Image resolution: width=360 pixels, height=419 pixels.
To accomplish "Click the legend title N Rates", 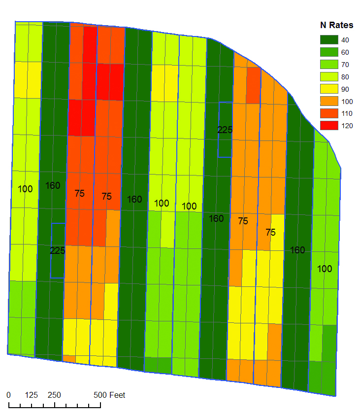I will click(336, 26).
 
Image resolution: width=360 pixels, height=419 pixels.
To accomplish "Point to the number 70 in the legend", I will click(345, 64).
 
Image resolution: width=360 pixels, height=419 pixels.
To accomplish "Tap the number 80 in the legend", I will click(345, 76).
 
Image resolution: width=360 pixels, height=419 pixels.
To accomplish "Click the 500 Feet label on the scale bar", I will click(110, 395).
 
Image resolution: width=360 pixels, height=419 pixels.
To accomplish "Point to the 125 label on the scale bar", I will click(32, 395).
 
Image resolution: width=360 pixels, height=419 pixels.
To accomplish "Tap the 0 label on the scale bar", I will click(9, 395).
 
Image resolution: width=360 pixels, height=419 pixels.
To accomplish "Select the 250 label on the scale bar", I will click(54, 395).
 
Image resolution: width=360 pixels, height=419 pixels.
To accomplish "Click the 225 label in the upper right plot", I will click(225, 130).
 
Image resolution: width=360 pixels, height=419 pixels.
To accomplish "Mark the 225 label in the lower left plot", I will click(58, 250).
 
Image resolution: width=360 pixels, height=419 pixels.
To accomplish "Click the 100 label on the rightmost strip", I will click(325, 269).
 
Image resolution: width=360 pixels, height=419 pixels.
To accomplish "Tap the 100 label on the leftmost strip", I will click(25, 189).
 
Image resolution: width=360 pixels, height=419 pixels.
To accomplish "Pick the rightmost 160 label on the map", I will click(297, 250).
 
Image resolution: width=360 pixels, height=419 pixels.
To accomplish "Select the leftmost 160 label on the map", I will click(53, 186).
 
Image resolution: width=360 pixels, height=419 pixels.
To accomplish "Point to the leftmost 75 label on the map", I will click(79, 194).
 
